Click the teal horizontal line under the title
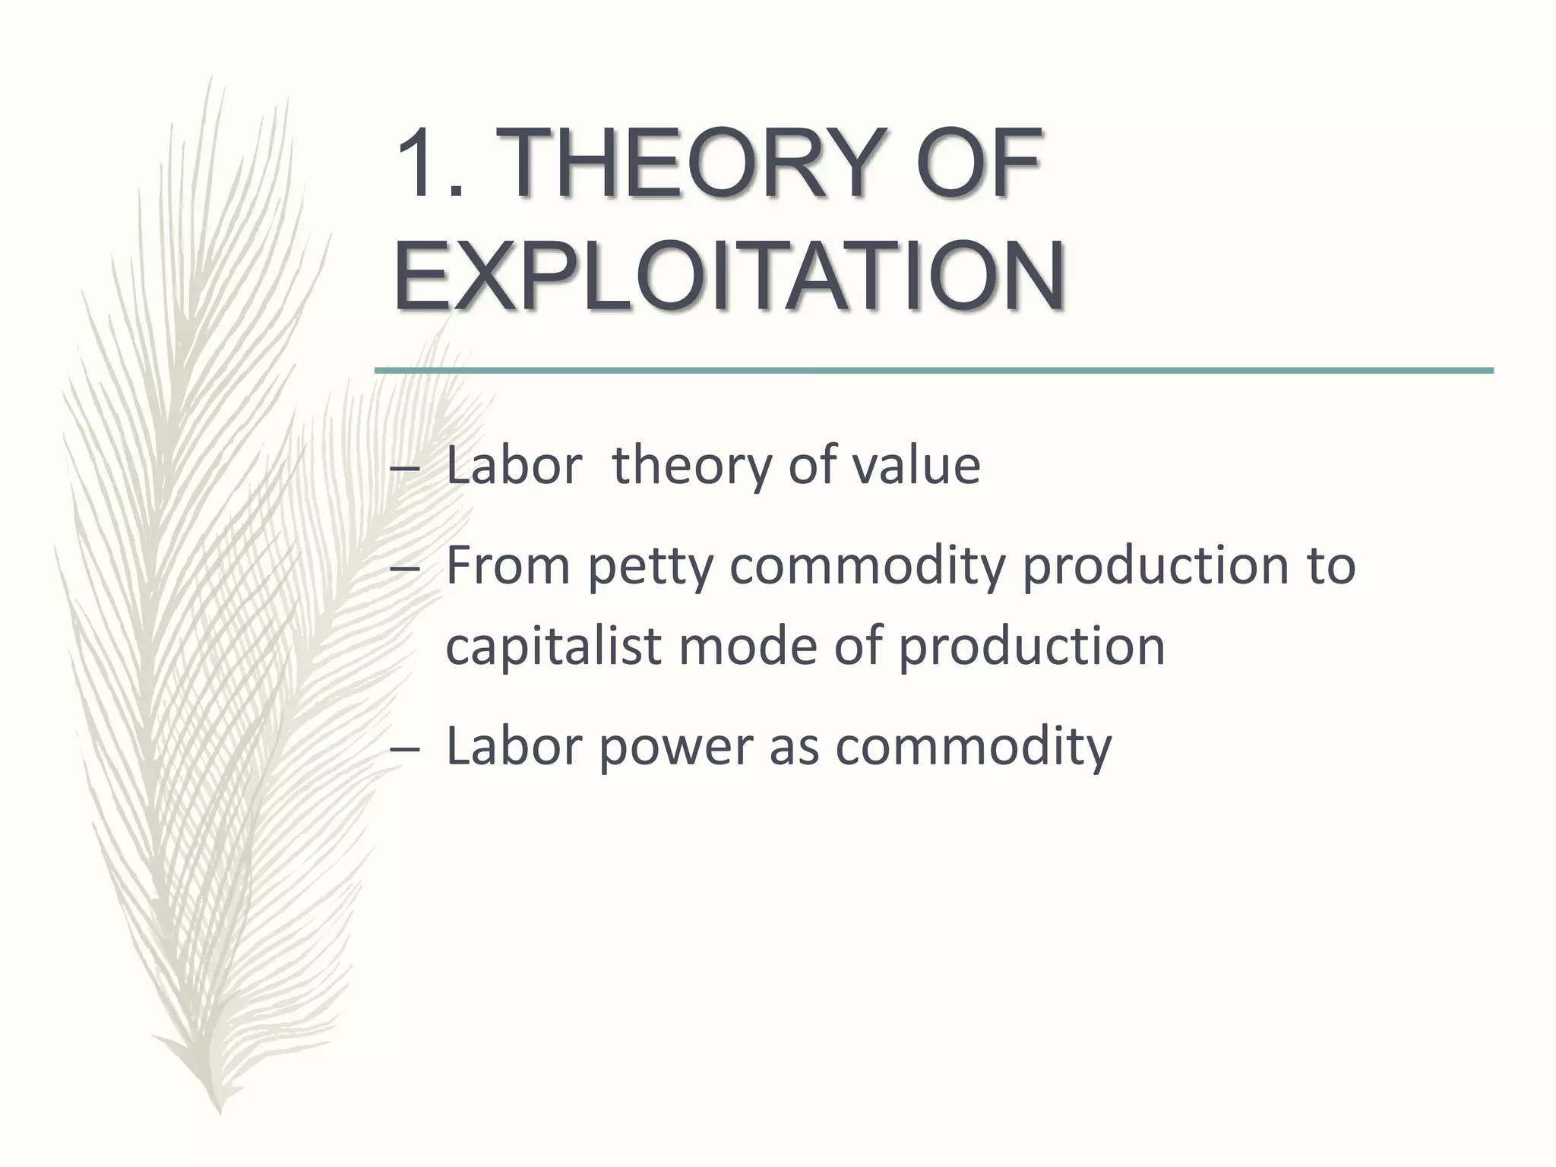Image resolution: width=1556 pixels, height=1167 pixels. coord(933,370)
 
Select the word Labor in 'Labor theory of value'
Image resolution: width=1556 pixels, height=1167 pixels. coord(514,465)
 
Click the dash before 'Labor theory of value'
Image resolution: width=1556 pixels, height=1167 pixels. coord(403,470)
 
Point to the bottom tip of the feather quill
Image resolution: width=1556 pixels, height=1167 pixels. coord(220,1111)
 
